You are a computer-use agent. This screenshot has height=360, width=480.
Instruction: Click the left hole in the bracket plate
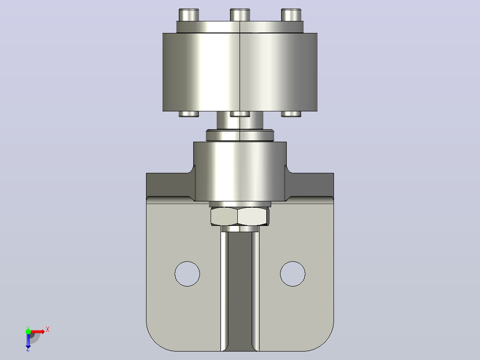point(187,274)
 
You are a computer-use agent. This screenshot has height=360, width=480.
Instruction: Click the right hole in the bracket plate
point(293,274)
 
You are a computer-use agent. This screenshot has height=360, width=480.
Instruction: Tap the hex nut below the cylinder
point(240,216)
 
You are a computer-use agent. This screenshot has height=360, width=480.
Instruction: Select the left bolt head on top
point(189,15)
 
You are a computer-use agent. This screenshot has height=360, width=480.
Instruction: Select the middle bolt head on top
point(240,15)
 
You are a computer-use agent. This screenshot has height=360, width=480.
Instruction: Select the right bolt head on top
point(291,15)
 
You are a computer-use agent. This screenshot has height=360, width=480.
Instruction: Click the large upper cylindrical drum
point(240,72)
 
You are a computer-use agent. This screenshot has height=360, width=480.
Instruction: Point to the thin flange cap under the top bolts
point(240,27)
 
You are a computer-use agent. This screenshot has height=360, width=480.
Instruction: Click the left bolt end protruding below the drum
point(189,114)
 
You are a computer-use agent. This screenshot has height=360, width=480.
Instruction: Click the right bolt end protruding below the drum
point(291,114)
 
